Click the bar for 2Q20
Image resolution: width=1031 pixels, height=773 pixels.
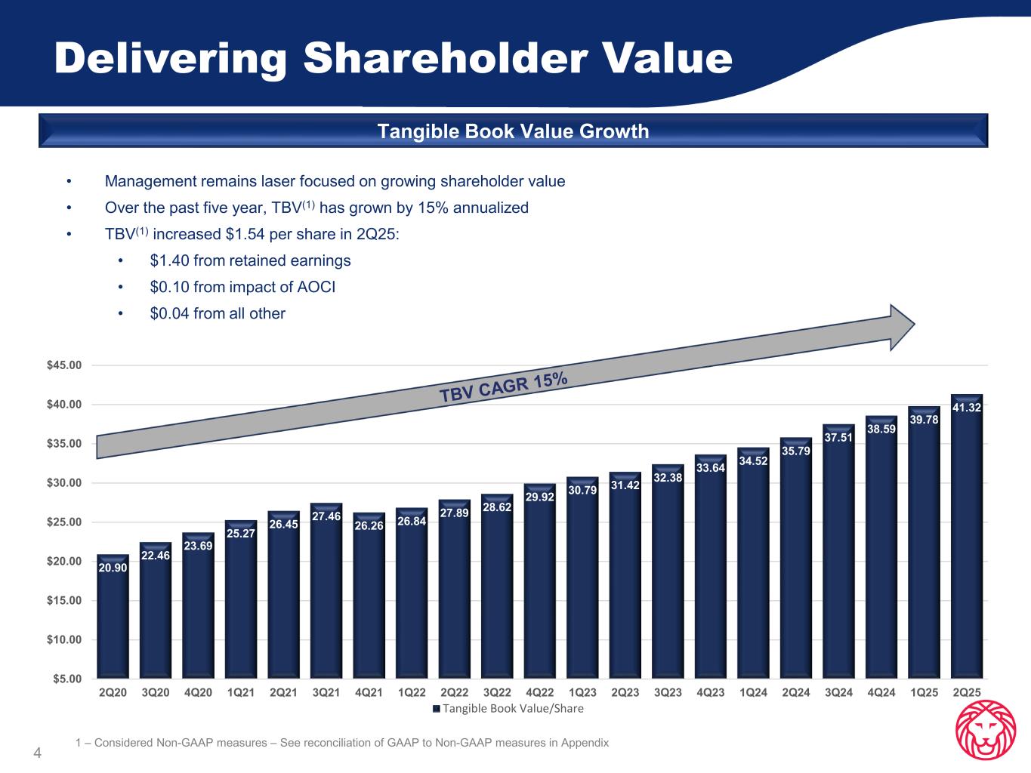(x=113, y=619)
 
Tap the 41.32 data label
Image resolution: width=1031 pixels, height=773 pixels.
(x=967, y=408)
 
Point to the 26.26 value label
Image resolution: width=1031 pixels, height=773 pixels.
(x=369, y=525)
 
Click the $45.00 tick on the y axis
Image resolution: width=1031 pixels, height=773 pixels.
(x=64, y=365)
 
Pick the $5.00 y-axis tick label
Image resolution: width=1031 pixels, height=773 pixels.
(x=66, y=679)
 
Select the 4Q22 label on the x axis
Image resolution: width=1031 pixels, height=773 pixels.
(x=539, y=692)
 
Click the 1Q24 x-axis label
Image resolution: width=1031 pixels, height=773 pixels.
(x=753, y=692)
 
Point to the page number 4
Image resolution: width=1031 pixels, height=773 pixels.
(x=36, y=753)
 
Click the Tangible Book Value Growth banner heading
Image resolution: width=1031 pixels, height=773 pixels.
(x=513, y=131)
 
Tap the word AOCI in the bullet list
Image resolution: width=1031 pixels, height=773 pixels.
(x=317, y=287)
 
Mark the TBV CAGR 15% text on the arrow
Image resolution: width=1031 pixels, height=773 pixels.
(x=504, y=389)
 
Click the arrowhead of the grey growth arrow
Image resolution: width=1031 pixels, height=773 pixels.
(x=902, y=327)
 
